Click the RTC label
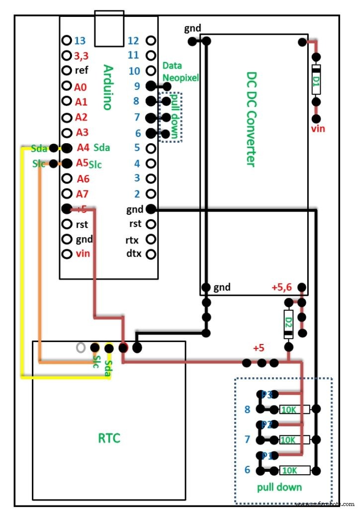[x=109, y=438]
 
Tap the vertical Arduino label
[x=107, y=86]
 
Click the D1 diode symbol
[x=315, y=80]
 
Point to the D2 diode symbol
[x=288, y=325]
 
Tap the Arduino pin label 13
[x=80, y=41]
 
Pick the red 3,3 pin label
[x=82, y=56]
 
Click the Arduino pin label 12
[x=133, y=41]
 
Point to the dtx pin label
[x=133, y=254]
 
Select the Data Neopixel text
[x=180, y=72]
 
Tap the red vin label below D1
[x=318, y=129]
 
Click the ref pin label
[x=82, y=71]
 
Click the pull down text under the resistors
[x=279, y=487]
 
